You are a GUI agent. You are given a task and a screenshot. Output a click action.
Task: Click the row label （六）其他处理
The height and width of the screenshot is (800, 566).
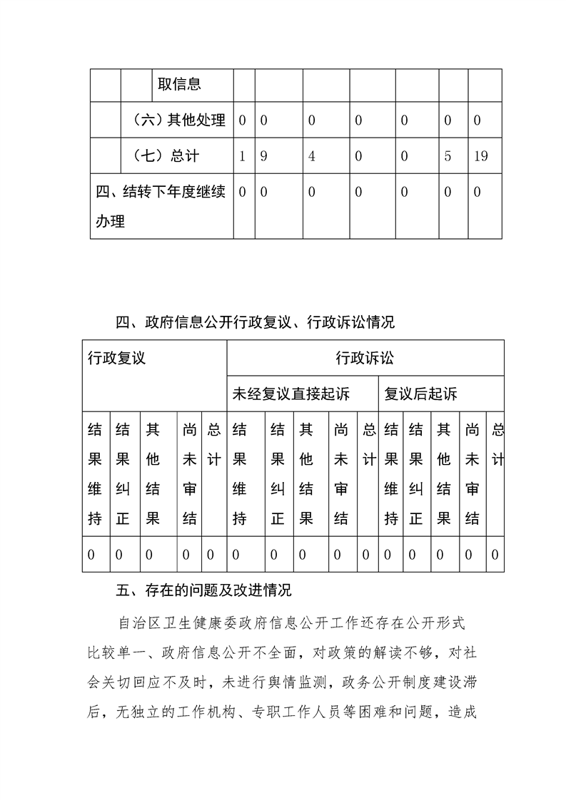point(179,120)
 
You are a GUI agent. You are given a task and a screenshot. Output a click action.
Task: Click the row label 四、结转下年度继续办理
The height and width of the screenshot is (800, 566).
point(161,207)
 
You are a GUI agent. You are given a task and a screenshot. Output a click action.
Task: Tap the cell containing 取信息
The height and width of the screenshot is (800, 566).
point(179,84)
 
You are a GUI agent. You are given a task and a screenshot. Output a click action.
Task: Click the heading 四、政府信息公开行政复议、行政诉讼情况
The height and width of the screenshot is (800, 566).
point(255,323)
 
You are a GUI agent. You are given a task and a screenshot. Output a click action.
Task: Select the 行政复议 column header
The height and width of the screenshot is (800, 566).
point(116,358)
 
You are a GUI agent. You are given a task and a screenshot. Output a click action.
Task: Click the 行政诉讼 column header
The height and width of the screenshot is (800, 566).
point(365,358)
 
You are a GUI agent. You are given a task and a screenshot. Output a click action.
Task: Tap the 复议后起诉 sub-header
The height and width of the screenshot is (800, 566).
point(421,394)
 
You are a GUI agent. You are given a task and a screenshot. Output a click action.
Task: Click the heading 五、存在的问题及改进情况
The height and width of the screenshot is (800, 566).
point(203,590)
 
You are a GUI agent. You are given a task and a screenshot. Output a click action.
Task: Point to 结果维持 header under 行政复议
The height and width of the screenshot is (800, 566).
point(94,474)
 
